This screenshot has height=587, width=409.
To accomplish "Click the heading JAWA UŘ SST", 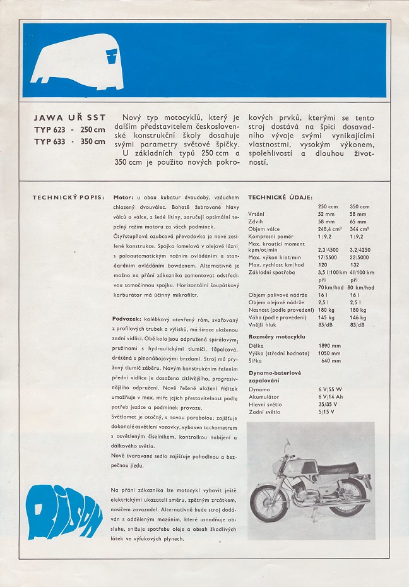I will [69, 117].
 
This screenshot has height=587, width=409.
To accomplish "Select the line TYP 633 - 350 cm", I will [69, 141].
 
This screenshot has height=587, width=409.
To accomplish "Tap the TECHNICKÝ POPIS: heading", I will [68, 197].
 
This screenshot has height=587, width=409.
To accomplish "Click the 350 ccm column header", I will [359, 206].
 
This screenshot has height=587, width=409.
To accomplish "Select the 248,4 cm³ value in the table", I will [329, 228].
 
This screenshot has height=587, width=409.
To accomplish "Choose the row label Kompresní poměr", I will [272, 236].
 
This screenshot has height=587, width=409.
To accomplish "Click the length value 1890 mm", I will [330, 346].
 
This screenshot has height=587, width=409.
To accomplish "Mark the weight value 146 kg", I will [358, 317].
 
